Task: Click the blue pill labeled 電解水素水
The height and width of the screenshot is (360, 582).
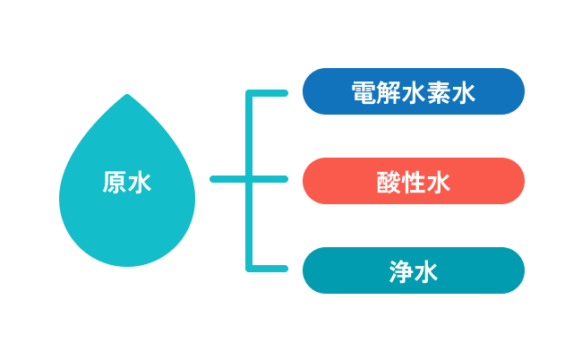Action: tap(413, 91)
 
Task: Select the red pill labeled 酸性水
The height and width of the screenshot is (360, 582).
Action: tap(413, 181)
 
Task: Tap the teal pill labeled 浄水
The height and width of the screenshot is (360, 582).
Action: tap(413, 270)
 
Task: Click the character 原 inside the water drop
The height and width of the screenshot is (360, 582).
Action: tap(115, 183)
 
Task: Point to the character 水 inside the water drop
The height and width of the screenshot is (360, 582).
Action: tap(140, 183)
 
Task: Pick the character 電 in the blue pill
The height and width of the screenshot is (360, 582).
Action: tap(364, 92)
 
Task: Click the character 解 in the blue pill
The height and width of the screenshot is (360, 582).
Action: tap(389, 92)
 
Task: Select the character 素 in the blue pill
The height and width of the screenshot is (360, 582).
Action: tap(438, 92)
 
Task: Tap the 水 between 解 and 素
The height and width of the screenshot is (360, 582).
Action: tap(414, 92)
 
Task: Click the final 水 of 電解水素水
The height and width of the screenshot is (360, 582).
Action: tap(463, 92)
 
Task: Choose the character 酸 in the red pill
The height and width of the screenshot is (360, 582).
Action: tap(389, 183)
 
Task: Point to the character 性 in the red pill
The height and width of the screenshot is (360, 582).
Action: tap(413, 183)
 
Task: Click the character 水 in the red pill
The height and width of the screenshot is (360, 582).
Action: tap(438, 183)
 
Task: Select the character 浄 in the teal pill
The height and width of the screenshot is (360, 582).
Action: tap(401, 271)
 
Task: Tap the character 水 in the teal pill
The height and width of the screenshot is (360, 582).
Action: tap(426, 271)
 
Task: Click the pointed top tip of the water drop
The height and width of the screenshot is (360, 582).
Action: tap(127, 96)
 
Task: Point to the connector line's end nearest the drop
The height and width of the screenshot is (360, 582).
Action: tap(214, 179)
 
